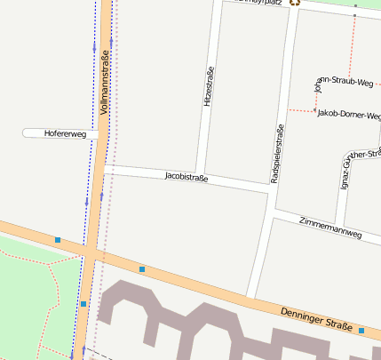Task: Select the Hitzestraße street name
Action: click(x=209, y=88)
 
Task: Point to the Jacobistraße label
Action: click(x=187, y=177)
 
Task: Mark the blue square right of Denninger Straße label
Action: click(x=362, y=331)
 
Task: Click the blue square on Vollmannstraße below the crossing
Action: click(x=83, y=304)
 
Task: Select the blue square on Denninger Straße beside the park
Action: click(x=58, y=240)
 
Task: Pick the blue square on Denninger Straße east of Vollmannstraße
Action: click(x=142, y=268)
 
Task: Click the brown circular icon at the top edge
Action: click(x=295, y=2)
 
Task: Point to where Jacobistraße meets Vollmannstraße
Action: click(x=105, y=167)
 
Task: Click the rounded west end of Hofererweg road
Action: click(x=26, y=133)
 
